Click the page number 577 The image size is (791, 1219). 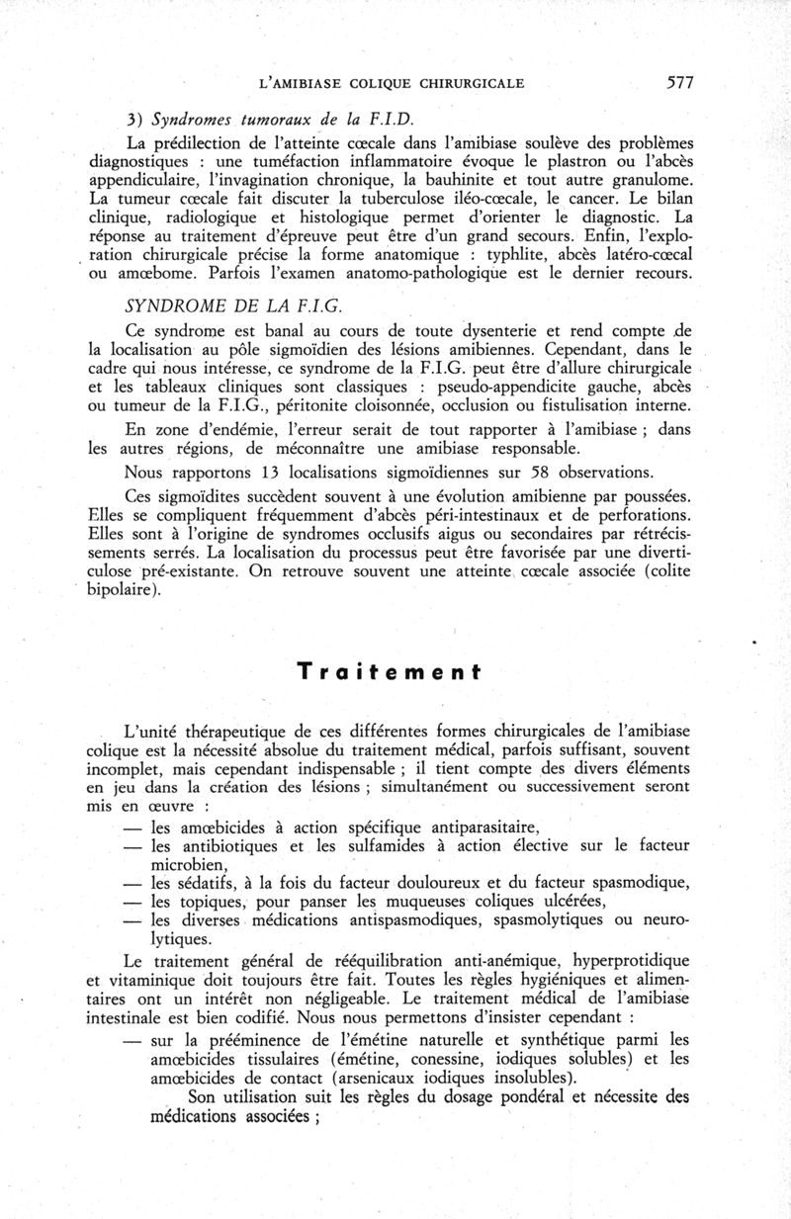(x=680, y=83)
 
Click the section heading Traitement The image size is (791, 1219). (x=395, y=672)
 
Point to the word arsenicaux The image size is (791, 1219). (x=388, y=1078)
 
